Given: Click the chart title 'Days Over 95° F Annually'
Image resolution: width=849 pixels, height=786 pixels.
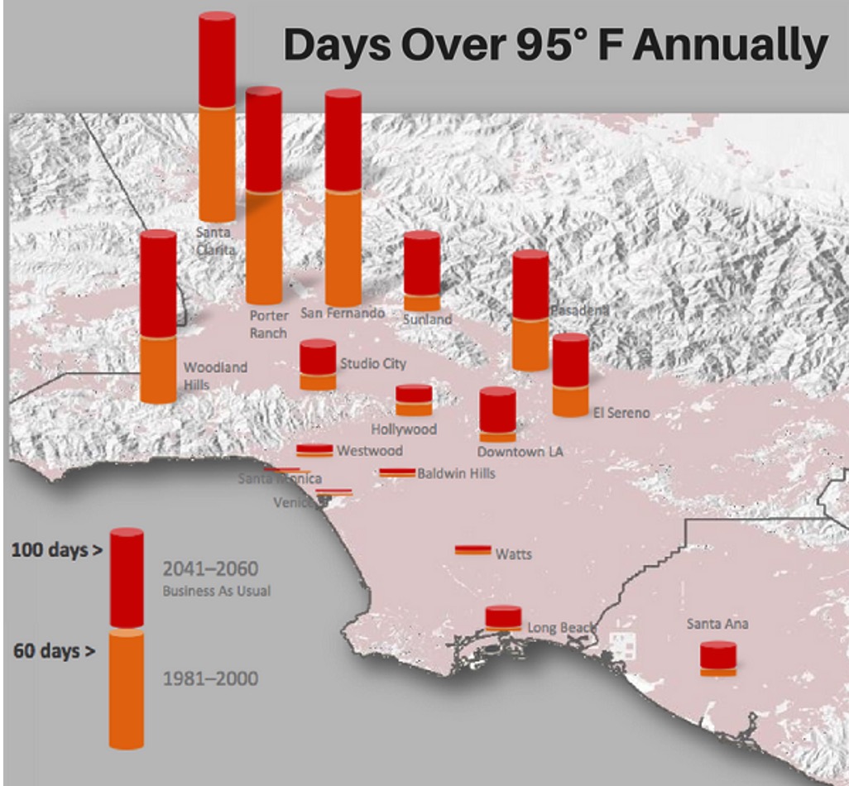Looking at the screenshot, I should click(x=555, y=46).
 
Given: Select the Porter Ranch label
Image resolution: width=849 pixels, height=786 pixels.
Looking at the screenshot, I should click(x=269, y=324).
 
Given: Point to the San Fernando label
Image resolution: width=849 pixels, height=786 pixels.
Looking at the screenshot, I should click(x=342, y=313).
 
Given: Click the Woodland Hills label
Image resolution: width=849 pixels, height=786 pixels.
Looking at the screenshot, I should click(x=215, y=375).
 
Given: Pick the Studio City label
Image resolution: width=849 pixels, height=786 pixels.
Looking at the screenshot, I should click(x=373, y=363).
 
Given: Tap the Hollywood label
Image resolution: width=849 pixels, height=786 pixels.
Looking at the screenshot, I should click(x=403, y=429).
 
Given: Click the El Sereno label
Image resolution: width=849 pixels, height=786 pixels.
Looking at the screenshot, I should click(x=621, y=412).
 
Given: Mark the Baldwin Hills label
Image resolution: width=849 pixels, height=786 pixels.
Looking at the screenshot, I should click(x=456, y=473).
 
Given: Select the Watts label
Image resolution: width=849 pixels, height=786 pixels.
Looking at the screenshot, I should click(x=513, y=554).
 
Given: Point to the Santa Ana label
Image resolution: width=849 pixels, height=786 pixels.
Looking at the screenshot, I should click(x=717, y=623).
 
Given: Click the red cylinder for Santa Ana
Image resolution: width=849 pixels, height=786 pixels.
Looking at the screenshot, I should click(x=717, y=655).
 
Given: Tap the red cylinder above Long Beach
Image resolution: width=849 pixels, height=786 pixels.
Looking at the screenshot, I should click(x=503, y=616).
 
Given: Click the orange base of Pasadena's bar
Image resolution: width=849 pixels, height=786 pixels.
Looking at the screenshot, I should click(x=530, y=344).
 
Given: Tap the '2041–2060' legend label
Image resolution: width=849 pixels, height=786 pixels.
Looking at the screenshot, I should click(x=210, y=569).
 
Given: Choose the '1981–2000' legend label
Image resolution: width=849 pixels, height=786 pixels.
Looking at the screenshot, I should click(x=210, y=679).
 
